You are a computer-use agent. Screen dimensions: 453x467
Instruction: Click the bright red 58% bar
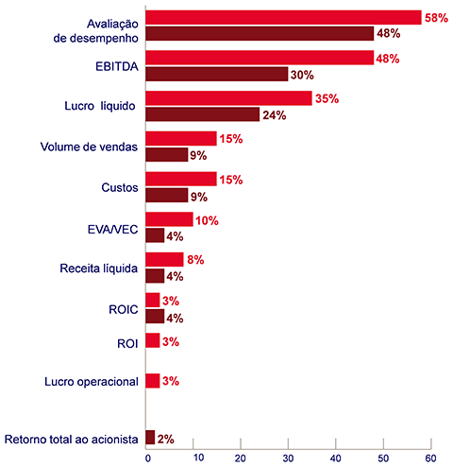(283, 17)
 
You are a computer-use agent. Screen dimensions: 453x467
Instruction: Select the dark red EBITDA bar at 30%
(217, 74)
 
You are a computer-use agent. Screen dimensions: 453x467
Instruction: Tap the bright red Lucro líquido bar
(228, 98)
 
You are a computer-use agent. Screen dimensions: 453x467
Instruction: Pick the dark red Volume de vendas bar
(167, 155)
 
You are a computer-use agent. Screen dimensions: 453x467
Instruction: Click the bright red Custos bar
(181, 179)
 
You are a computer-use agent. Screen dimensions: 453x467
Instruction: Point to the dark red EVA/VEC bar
(155, 235)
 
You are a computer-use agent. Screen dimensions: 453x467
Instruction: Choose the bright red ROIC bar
(153, 300)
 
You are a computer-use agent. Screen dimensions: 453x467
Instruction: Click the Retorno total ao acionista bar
(150, 438)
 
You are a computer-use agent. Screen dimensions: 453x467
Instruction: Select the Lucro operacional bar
(153, 381)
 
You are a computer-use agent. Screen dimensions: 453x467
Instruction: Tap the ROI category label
(127, 343)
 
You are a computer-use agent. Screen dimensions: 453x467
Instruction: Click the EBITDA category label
(117, 66)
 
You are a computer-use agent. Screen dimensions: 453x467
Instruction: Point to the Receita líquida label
(99, 268)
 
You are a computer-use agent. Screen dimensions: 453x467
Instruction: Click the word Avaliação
(112, 25)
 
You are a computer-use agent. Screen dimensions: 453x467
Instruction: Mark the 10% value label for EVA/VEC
(207, 220)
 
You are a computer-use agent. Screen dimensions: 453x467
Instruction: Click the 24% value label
(275, 115)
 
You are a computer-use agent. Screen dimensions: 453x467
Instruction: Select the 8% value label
(195, 260)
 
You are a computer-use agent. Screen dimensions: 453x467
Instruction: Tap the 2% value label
(166, 439)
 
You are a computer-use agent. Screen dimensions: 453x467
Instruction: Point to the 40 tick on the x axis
(336, 444)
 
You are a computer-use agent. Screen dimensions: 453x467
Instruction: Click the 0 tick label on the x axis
(148, 458)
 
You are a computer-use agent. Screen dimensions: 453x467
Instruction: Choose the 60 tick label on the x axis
(430, 458)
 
